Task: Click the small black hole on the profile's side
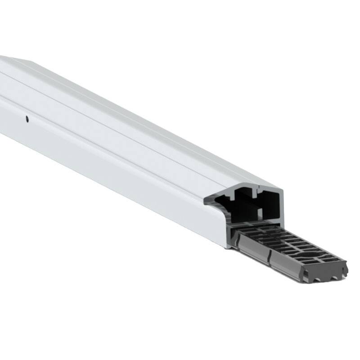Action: [27, 119]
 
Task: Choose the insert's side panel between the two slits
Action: [254, 252]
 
